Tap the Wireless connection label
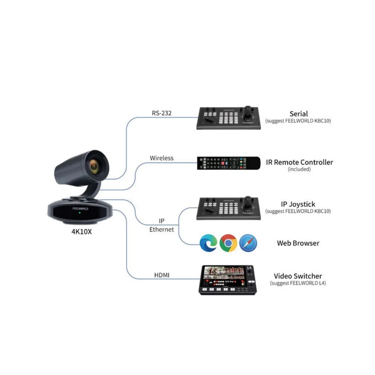coord(161,158)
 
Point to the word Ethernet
coord(161,230)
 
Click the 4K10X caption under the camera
coord(82,232)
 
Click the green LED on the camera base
coord(80,212)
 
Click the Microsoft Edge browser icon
coord(209,243)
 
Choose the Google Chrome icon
coord(228,243)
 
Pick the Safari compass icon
coord(248,243)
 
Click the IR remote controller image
coord(228,163)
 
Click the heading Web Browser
coord(298,243)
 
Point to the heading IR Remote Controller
coord(299,162)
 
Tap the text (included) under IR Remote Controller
coord(299,169)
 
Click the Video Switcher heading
coord(298,276)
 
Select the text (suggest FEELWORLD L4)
coord(298,283)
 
